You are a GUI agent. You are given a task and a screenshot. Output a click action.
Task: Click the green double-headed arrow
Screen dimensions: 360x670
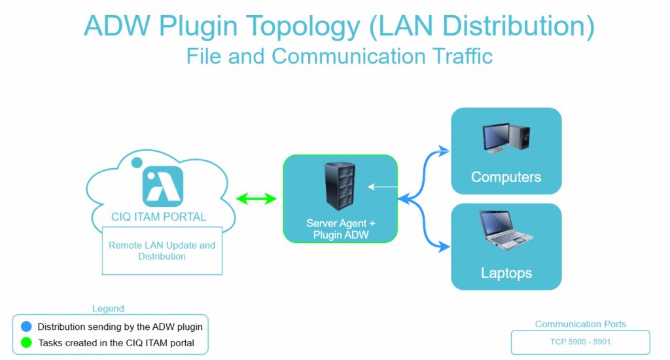(256, 199)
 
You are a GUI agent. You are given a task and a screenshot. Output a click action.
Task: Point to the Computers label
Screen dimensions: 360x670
(506, 177)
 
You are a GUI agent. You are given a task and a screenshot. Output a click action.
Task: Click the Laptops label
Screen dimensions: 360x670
(506, 272)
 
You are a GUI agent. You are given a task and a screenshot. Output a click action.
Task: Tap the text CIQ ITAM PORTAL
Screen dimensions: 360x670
(159, 217)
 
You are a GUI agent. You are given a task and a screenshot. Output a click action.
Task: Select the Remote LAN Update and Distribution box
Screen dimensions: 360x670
(162, 251)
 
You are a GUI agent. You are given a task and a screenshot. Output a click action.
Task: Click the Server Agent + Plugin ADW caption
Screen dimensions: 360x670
(341, 229)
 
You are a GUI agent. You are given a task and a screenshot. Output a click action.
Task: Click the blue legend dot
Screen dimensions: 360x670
(26, 327)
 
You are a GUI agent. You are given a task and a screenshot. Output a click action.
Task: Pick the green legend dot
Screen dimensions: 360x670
(26, 342)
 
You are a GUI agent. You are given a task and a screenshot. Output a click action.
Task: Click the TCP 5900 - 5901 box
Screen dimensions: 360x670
(580, 342)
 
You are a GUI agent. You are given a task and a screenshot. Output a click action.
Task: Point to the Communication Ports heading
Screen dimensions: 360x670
(580, 324)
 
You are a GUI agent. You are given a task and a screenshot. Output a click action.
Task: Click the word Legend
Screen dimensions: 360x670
(108, 308)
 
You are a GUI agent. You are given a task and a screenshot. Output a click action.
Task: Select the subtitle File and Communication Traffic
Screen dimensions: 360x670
(339, 56)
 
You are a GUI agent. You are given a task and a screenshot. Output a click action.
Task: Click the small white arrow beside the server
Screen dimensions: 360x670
(382, 187)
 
